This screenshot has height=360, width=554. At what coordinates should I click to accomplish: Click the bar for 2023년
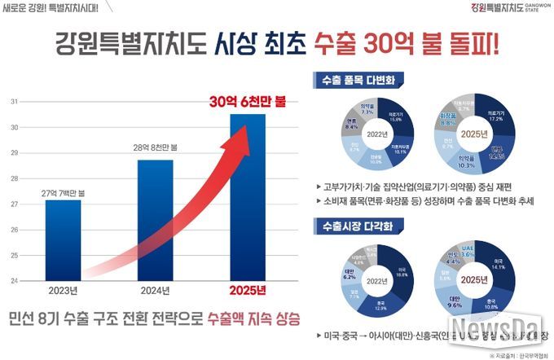coord(63,240)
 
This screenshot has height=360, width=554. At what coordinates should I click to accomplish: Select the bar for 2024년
coord(154,220)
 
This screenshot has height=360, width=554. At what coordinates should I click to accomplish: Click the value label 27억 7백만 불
coord(63,192)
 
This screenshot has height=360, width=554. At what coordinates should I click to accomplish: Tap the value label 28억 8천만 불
coord(154,147)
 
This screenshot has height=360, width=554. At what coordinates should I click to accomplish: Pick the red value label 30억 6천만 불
coord(247,102)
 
